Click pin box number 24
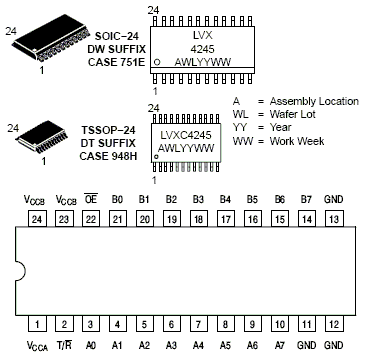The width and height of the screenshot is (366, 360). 37,219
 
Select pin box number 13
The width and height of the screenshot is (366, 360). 334,219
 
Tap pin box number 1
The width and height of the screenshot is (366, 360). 37,323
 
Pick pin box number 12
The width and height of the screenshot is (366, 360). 334,323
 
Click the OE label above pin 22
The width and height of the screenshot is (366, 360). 91,199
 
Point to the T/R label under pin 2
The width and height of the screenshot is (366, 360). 64,345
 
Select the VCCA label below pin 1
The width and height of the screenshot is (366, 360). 37,346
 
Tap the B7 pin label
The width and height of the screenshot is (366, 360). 306,199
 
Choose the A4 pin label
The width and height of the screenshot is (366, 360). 198,345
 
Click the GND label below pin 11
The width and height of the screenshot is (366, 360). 307,345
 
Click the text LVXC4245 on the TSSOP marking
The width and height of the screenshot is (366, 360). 186,135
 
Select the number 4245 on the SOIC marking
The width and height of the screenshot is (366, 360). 202,49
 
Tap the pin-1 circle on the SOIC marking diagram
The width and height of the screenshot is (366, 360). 157,62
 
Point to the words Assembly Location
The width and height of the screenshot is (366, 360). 314,102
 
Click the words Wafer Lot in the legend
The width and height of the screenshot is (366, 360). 293,114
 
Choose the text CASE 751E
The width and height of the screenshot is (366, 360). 117,62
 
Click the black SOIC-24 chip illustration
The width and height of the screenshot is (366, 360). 52,38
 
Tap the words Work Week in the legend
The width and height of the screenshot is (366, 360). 297,141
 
